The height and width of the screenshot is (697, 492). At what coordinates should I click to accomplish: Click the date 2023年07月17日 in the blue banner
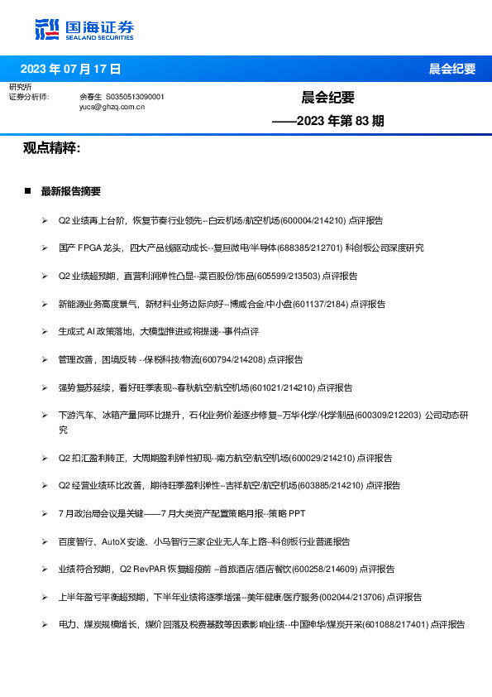70,69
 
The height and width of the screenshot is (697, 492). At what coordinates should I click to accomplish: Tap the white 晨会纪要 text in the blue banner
451,69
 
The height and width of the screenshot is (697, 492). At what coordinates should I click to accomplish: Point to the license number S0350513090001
136,97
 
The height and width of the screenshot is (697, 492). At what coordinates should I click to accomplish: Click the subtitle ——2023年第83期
328,121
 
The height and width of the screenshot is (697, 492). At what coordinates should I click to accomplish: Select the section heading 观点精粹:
52,147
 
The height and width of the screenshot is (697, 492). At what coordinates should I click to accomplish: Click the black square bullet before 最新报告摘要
28,191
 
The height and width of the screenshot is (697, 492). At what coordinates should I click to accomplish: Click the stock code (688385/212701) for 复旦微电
313,248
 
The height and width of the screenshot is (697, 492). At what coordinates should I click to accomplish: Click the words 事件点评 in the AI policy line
241,331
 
